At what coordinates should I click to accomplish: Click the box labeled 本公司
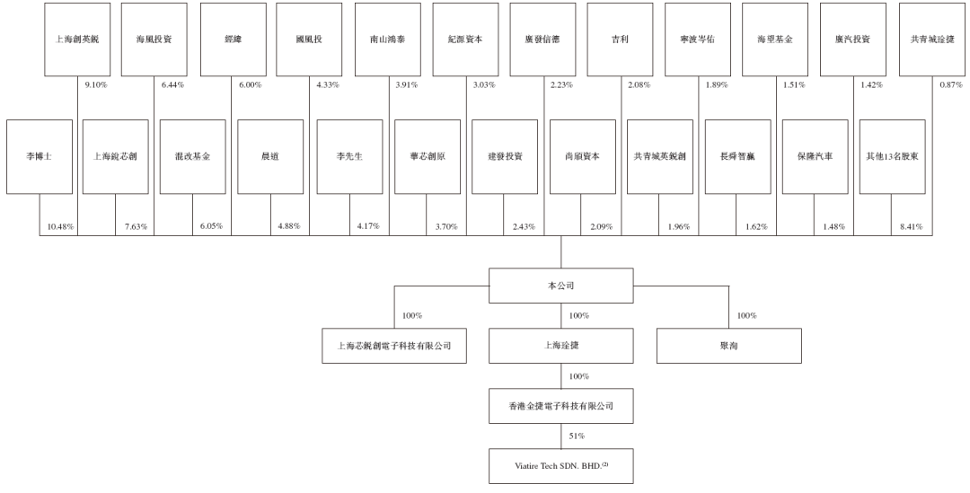point(560,285)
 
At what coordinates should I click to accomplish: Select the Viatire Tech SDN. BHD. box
point(560,465)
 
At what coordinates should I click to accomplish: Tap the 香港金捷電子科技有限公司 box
point(560,406)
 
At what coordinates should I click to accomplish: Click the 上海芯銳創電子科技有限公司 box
point(394,345)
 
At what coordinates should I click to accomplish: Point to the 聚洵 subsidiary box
point(727,345)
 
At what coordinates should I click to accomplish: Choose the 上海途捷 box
point(560,345)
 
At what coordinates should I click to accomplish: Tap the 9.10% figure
point(95,84)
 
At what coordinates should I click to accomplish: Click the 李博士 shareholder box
point(40,156)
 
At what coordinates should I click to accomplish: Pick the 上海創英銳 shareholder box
point(78,40)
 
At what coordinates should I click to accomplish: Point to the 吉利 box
point(621,40)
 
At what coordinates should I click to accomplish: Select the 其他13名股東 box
point(891,156)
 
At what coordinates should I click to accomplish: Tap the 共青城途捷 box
point(931,40)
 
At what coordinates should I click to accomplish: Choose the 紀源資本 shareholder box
point(465,40)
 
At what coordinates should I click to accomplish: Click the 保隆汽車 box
point(814,156)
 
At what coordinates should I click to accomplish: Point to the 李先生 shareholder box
point(349,156)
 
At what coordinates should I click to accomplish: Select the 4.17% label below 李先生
point(368,226)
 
